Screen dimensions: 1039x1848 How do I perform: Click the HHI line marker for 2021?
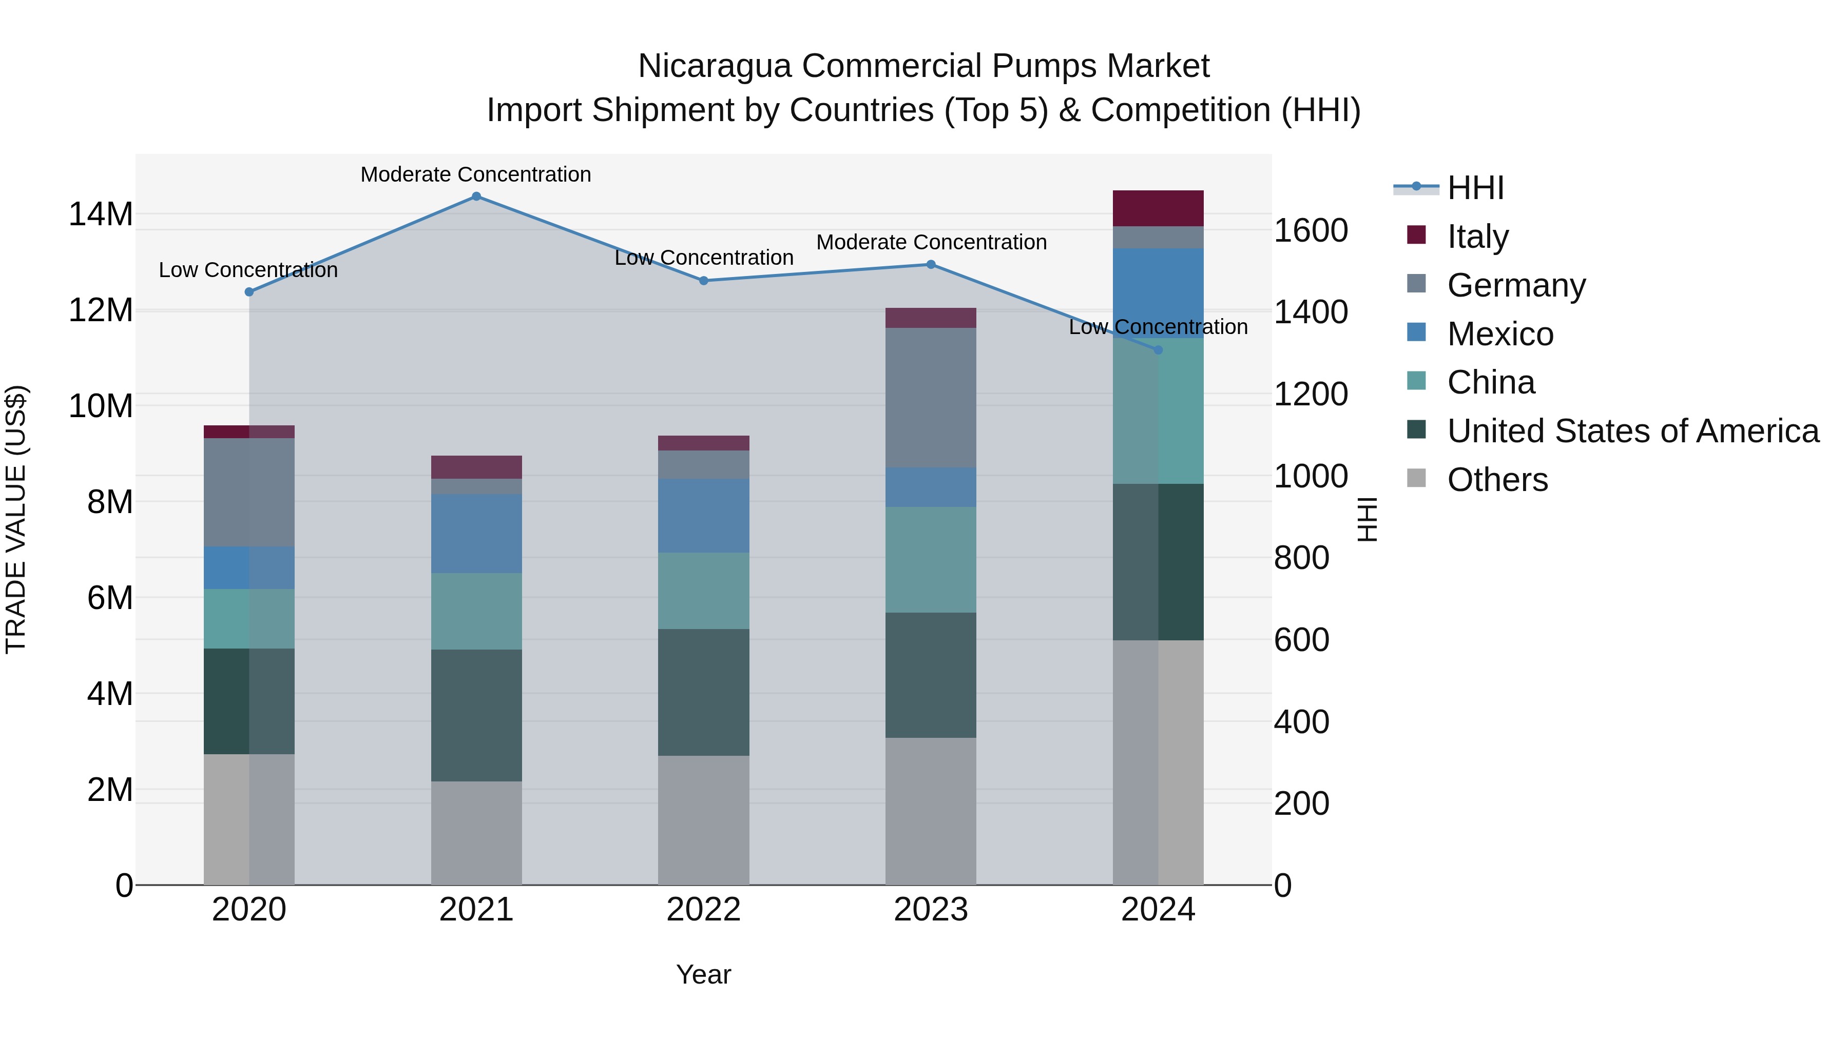(x=476, y=197)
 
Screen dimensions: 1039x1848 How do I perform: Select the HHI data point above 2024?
(x=1158, y=350)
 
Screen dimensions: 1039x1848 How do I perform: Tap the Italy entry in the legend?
(x=1478, y=236)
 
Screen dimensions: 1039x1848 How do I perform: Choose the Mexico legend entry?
(x=1500, y=334)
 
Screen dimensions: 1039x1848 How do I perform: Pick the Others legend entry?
(x=1497, y=480)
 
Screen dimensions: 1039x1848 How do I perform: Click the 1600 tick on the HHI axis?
(x=1310, y=231)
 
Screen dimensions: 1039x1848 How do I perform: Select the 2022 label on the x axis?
(x=703, y=910)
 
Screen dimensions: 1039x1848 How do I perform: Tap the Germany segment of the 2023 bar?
(x=931, y=398)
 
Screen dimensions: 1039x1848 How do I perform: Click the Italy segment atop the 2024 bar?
(x=1158, y=208)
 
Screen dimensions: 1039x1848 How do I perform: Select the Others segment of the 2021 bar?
(x=476, y=833)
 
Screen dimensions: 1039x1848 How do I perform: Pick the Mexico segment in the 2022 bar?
(x=703, y=516)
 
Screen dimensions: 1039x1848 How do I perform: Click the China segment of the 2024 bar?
(x=1158, y=411)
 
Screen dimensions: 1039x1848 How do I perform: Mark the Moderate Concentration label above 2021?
(x=476, y=174)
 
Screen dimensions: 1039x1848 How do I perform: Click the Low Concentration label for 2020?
(x=248, y=270)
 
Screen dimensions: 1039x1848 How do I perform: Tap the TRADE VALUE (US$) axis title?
(x=16, y=519)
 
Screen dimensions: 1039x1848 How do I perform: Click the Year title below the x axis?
(x=703, y=974)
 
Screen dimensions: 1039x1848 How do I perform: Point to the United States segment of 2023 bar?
(x=931, y=675)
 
